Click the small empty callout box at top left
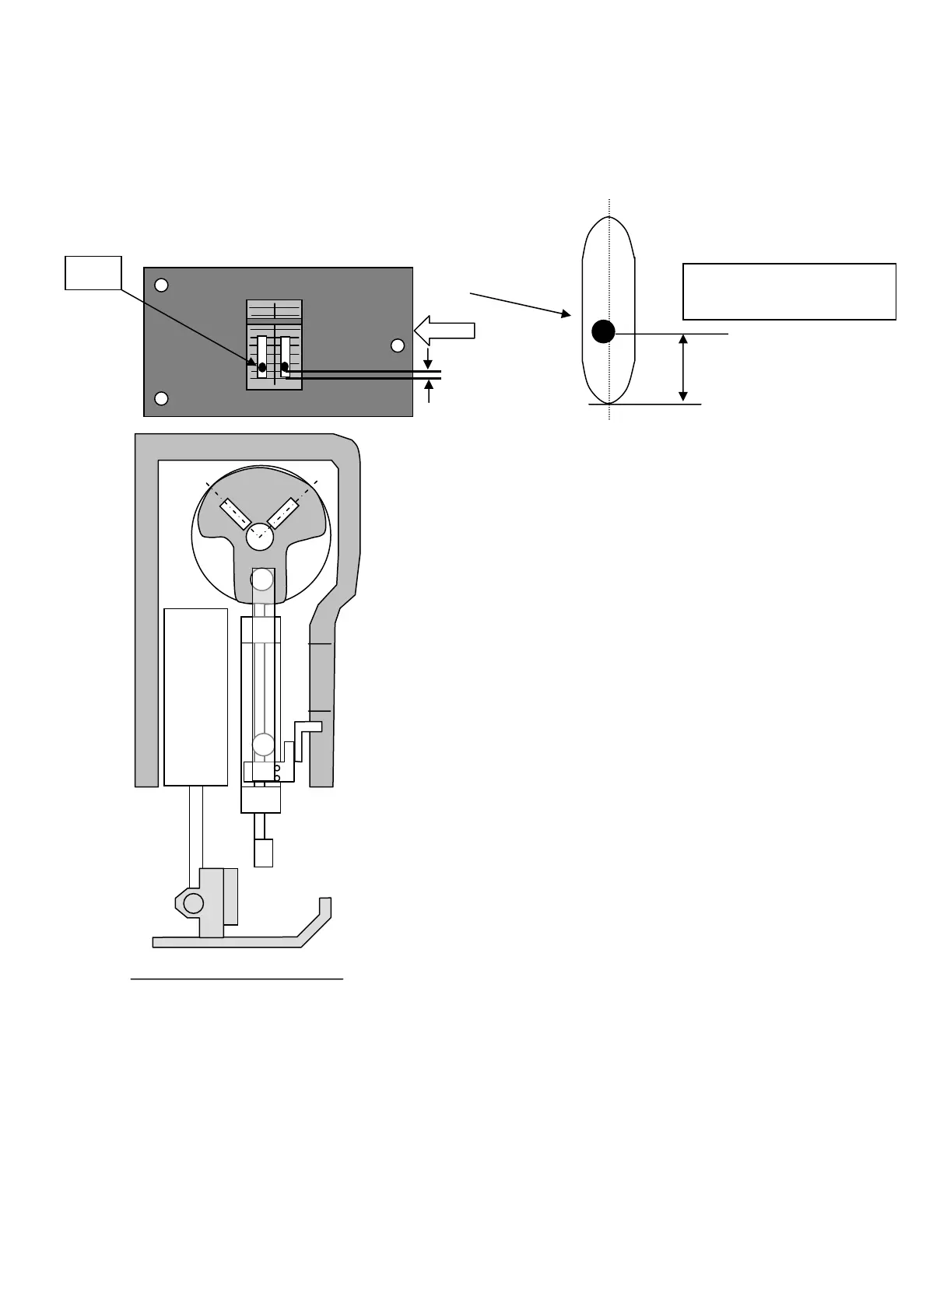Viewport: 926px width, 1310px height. click(x=93, y=272)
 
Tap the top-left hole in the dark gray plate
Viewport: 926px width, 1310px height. click(x=161, y=285)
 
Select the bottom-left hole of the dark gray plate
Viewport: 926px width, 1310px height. click(x=161, y=399)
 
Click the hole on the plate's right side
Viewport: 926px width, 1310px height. click(x=398, y=345)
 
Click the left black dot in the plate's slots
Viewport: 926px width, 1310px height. click(x=262, y=366)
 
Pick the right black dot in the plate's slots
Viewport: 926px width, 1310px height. click(x=285, y=366)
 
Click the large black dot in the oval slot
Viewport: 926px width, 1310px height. click(x=603, y=331)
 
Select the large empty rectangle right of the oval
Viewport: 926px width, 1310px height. click(x=789, y=292)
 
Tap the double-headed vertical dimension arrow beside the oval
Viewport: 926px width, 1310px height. click(x=683, y=368)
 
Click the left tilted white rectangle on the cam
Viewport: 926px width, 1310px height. click(x=235, y=513)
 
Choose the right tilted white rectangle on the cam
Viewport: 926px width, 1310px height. click(x=284, y=513)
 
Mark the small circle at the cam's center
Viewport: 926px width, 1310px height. click(x=259, y=536)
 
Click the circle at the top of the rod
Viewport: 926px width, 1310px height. click(x=262, y=580)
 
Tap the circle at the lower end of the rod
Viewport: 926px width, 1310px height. click(x=264, y=745)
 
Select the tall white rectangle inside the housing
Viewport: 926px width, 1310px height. click(x=196, y=697)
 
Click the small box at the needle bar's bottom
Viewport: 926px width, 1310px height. click(x=264, y=853)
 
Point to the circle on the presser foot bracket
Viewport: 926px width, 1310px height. click(x=194, y=903)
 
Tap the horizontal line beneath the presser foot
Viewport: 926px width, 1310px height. click(x=237, y=979)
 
